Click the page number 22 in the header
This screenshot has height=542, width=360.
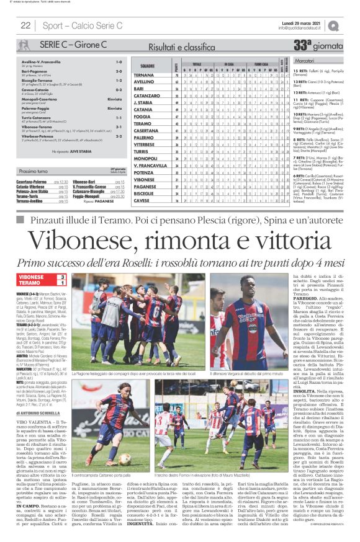[26, 25]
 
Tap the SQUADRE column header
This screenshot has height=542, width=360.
[147, 66]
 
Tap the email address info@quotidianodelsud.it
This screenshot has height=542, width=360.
[302, 28]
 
